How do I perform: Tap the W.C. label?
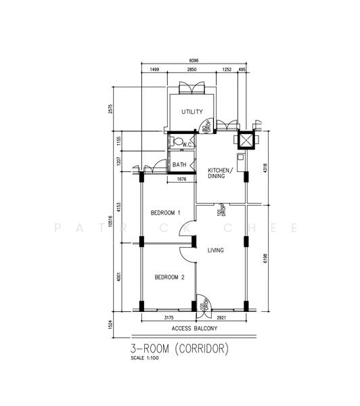[188, 144]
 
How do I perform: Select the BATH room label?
[179, 164]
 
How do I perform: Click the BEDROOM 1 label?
[165, 213]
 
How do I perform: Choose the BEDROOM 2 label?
[169, 277]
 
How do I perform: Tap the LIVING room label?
[216, 250]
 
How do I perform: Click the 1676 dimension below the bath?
[181, 179]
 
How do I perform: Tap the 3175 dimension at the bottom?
[169, 317]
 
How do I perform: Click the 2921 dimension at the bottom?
[226, 317]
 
